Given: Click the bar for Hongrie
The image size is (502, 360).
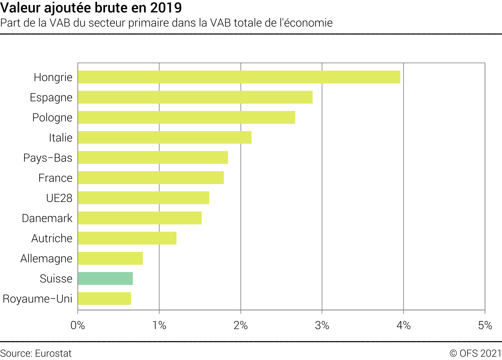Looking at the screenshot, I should pyautogui.click(x=239, y=77).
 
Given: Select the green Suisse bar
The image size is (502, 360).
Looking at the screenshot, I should pyautogui.click(x=105, y=278).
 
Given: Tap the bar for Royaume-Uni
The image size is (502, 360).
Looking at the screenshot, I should pyautogui.click(x=104, y=299).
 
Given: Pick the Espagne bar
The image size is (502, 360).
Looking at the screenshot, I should pyautogui.click(x=195, y=97).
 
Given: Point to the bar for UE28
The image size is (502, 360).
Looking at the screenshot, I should pyautogui.click(x=143, y=198).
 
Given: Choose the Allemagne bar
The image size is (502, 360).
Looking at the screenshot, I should pyautogui.click(x=110, y=258).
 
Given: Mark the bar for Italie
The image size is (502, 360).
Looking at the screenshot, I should pyautogui.click(x=165, y=138).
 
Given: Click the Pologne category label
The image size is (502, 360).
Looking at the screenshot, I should pyautogui.click(x=52, y=118).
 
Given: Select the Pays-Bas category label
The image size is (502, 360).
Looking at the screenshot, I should pyautogui.click(x=48, y=158).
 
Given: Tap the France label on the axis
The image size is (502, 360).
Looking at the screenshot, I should pyautogui.click(x=55, y=178).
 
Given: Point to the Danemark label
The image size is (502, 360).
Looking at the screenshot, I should pyautogui.click(x=47, y=218).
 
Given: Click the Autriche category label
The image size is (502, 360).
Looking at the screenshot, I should pyautogui.click(x=52, y=238).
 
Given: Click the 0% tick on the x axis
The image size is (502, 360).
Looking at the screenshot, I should pyautogui.click(x=78, y=325).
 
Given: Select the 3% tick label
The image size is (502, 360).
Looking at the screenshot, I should pyautogui.click(x=322, y=325).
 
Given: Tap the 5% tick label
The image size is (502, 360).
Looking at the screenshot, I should pyautogui.click(x=485, y=325).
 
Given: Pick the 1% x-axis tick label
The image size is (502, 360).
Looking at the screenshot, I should pyautogui.click(x=159, y=325).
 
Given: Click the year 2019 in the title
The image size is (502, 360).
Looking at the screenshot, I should pyautogui.click(x=166, y=8).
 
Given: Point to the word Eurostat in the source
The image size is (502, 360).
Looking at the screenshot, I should pyautogui.click(x=54, y=353).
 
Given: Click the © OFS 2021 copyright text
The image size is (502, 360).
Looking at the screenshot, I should pyautogui.click(x=475, y=353).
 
